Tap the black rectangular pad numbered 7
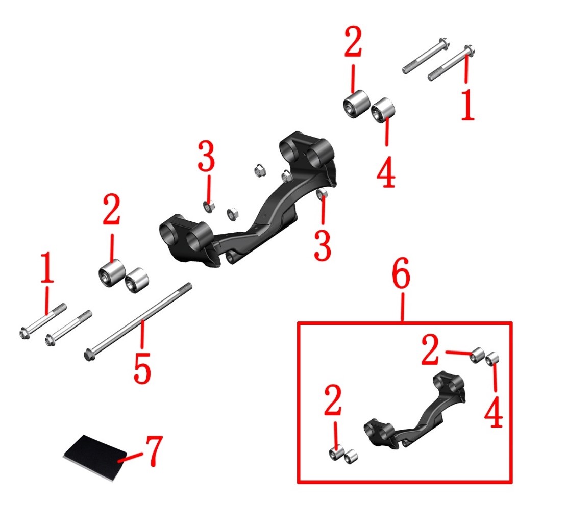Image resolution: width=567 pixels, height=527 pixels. point(95,457)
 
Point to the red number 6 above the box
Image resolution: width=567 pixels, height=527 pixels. point(401,273)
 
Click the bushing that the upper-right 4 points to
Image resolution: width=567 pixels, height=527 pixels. point(383,110)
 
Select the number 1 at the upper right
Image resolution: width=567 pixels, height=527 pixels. point(467,105)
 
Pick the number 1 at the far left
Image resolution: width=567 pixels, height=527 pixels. point(47,268)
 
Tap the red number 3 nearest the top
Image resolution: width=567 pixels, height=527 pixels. point(207,156)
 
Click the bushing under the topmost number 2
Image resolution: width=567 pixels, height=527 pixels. point(356,104)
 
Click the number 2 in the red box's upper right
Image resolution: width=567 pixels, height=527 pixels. point(430,349)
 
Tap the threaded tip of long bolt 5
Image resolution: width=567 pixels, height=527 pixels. point(187,287)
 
